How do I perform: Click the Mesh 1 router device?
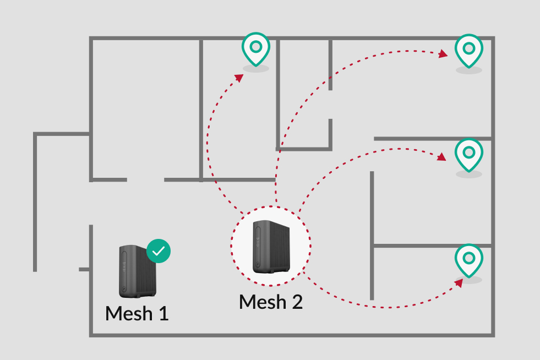pyautogui.click(x=138, y=271)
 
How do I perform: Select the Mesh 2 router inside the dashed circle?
pyautogui.click(x=271, y=247)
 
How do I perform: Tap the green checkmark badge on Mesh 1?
pyautogui.click(x=159, y=251)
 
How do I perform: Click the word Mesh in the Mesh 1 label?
pyautogui.click(x=129, y=314)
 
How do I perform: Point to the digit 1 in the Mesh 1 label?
pyautogui.click(x=163, y=314)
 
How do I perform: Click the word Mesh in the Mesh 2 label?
pyautogui.click(x=263, y=302)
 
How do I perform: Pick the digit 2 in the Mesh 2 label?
pyautogui.click(x=297, y=302)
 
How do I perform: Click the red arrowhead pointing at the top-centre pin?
pyautogui.click(x=239, y=78)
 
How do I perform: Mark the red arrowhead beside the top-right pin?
pyautogui.click(x=443, y=54)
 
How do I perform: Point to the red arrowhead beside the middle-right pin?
pyautogui.click(x=441, y=157)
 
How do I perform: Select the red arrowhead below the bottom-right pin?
pyautogui.click(x=459, y=283)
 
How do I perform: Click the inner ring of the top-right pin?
pyautogui.click(x=468, y=48)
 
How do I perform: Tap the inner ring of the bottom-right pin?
pyautogui.click(x=468, y=258)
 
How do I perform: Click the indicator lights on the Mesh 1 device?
pyautogui.click(x=123, y=267)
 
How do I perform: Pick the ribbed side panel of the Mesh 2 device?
pyautogui.click(x=280, y=247)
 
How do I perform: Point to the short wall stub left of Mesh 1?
pyautogui.click(x=84, y=269)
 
